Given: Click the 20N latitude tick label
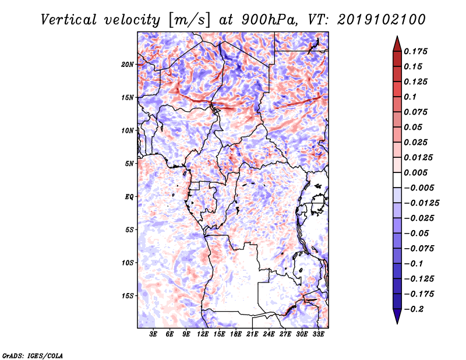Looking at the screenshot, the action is click(128, 65).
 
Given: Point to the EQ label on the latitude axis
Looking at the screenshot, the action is click(129, 197).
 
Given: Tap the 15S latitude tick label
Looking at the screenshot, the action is click(128, 296).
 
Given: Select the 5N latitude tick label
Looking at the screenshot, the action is click(129, 164).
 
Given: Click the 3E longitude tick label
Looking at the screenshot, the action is click(153, 334).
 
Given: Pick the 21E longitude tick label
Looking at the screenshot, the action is click(252, 334).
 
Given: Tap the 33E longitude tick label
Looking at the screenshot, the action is click(318, 334).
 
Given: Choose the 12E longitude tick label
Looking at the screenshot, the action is click(203, 334).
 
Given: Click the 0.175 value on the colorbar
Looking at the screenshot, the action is click(415, 51).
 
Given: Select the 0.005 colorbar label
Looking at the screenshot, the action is click(415, 172).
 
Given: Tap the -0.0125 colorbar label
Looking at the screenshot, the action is click(421, 203).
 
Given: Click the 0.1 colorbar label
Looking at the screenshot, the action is click(410, 97).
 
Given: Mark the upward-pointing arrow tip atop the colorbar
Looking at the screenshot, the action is click(397, 36).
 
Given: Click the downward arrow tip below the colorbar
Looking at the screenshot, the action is click(397, 323).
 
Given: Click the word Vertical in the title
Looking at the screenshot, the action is click(69, 20).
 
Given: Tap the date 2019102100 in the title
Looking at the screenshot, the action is click(382, 20).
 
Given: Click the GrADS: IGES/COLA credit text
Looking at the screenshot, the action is click(33, 356).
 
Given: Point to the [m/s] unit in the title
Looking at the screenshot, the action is click(189, 20).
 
